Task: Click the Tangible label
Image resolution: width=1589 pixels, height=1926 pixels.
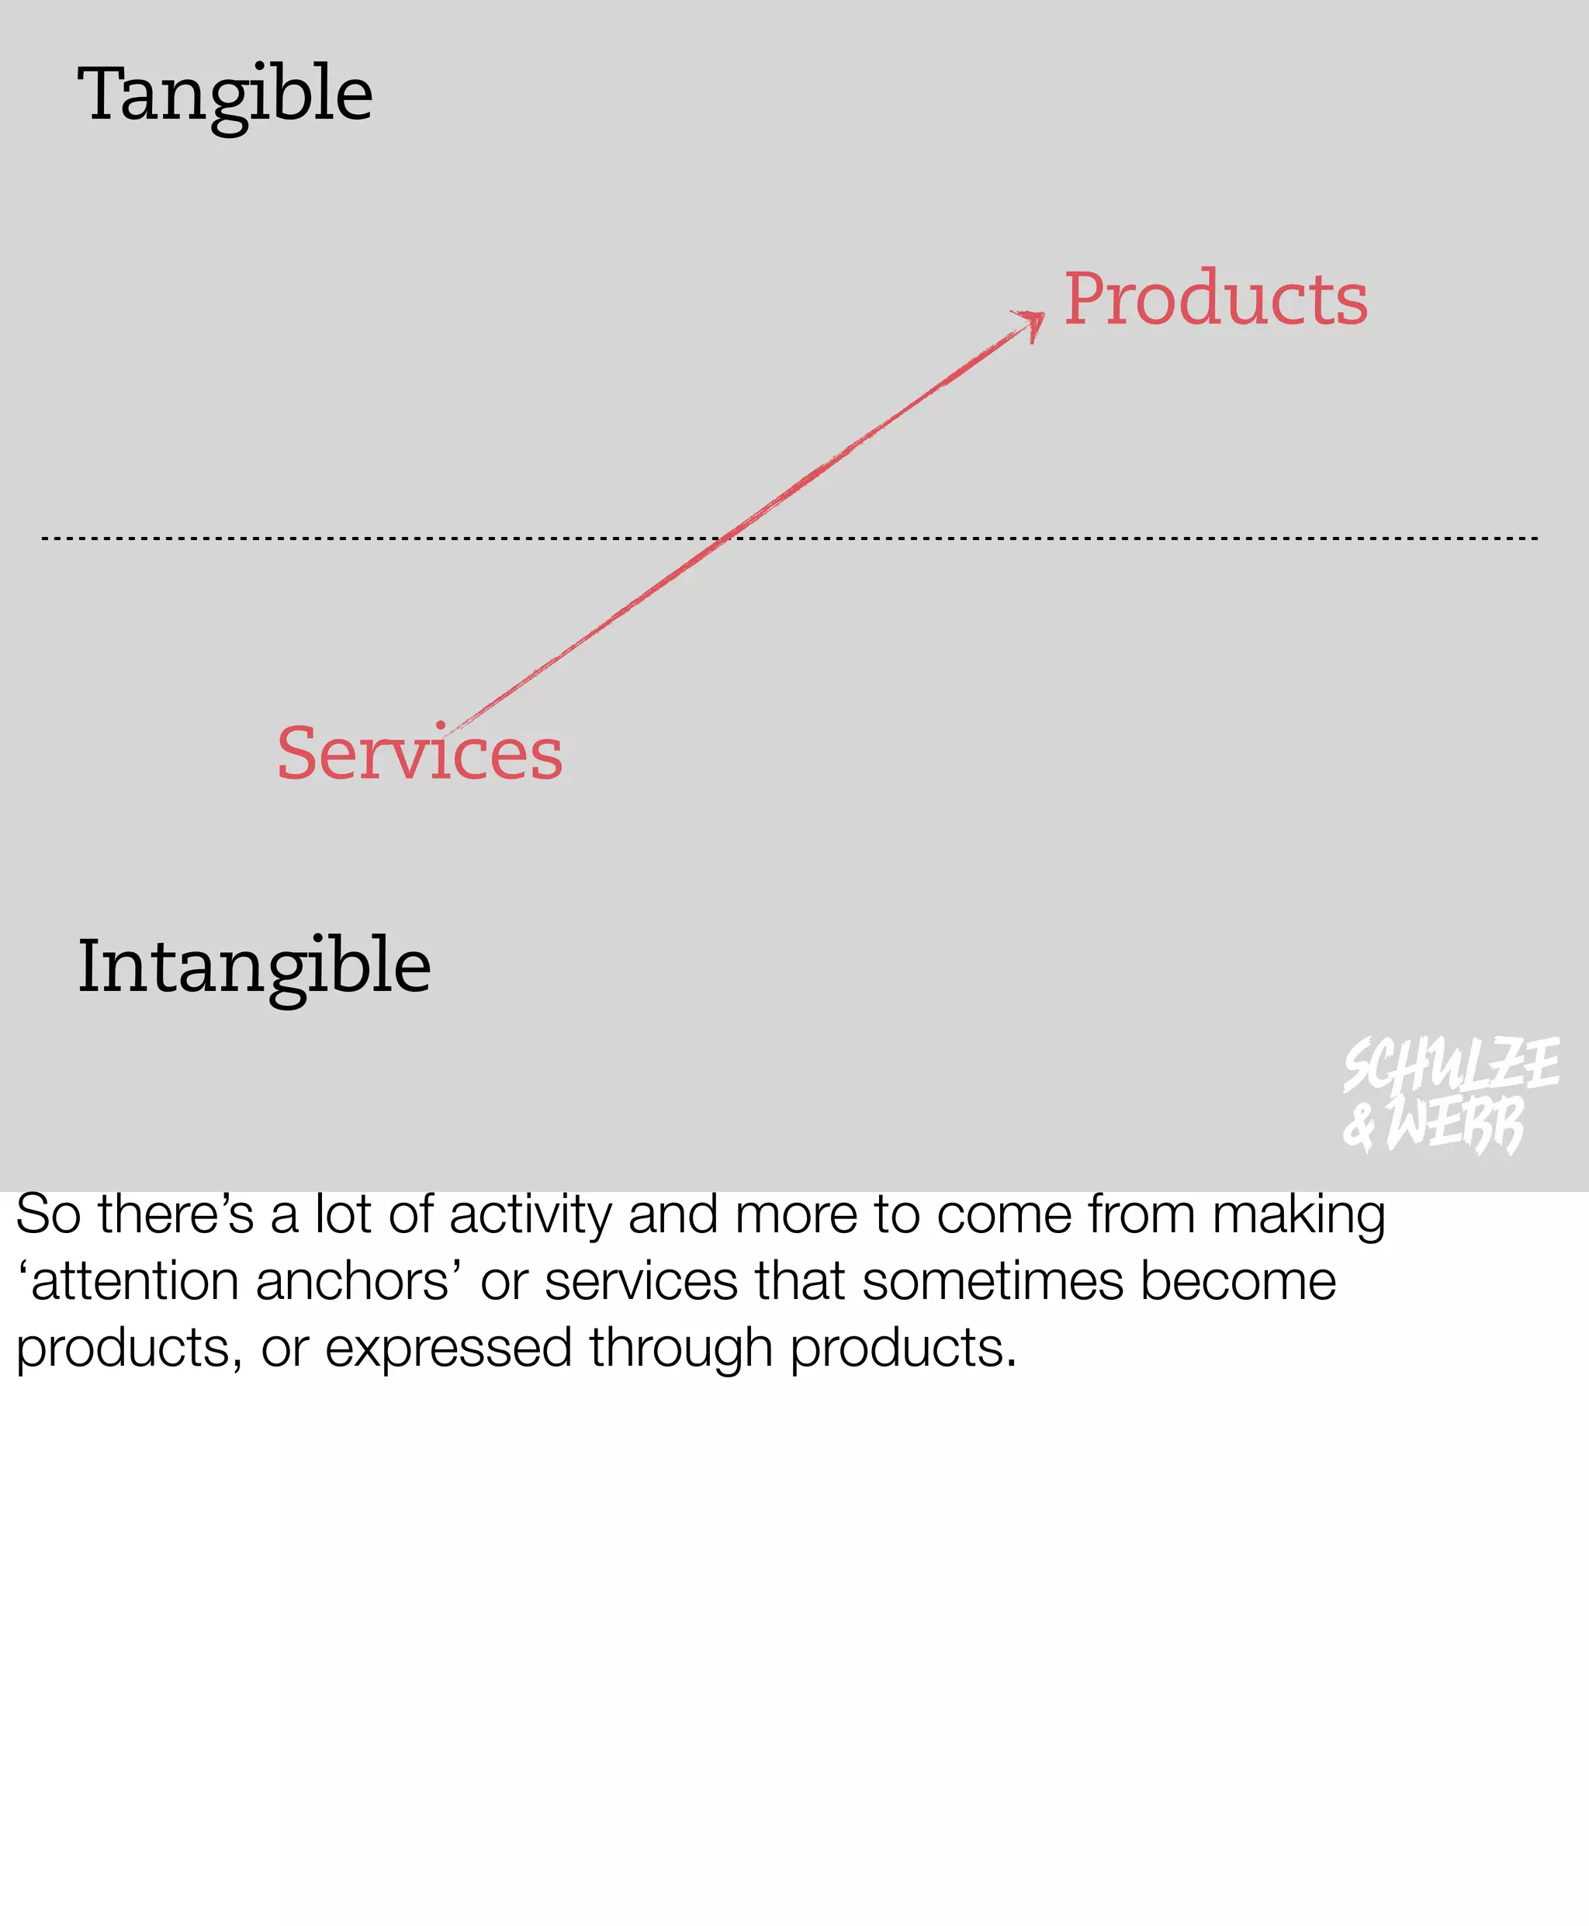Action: (224, 95)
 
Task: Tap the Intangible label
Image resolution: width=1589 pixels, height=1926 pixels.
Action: (254, 967)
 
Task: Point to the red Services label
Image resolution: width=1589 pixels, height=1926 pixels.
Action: (419, 753)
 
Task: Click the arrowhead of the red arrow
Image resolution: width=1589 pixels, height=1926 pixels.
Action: (1033, 321)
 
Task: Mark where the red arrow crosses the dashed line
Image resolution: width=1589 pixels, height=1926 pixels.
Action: (723, 539)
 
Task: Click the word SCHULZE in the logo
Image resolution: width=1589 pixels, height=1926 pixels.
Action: (1450, 1065)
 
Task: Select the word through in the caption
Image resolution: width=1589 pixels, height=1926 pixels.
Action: (681, 1349)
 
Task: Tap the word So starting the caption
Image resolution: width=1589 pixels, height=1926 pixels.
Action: (47, 1214)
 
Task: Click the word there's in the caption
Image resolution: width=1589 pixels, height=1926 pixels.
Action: (176, 1214)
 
